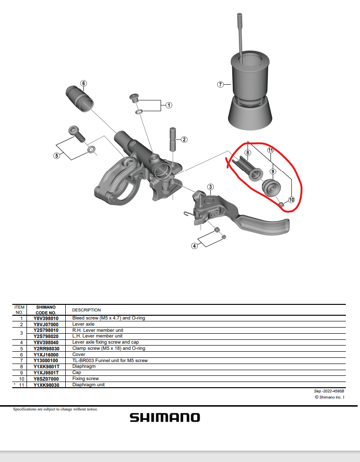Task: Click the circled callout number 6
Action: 84,83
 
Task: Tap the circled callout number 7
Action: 220,85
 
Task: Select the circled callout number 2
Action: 184,139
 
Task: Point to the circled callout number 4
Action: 194,246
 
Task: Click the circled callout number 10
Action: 291,200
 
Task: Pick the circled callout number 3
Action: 210,187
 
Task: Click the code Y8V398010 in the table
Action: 46,318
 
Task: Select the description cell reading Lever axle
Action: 83,324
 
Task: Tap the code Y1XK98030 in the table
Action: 46,385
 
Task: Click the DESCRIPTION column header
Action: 87,310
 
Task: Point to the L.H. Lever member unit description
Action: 97,336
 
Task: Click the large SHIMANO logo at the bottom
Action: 165,418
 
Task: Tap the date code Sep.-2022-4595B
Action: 329,391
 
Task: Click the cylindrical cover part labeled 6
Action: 79,99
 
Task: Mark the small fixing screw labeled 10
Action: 281,204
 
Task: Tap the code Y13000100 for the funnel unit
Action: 45,360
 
